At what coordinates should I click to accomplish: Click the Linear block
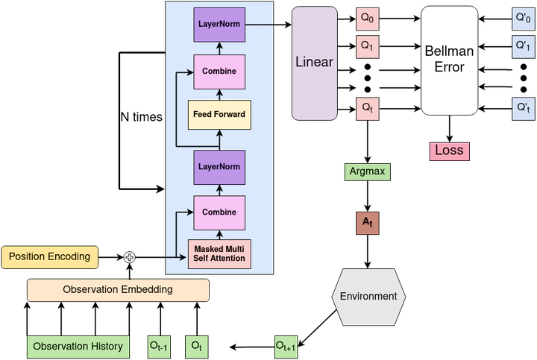315,63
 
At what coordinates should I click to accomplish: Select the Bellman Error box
449,60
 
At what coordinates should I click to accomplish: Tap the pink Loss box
449,151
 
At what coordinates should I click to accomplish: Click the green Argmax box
367,171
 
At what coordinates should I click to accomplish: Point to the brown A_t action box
368,223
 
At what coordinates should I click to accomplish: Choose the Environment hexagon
368,297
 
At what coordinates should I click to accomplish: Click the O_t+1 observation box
286,347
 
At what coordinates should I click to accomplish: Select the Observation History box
78,347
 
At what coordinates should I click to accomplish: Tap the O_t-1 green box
159,347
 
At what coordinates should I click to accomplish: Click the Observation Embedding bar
118,290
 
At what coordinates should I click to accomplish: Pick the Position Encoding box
50,257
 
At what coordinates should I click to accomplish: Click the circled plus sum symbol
130,257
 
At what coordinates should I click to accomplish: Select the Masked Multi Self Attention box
219,254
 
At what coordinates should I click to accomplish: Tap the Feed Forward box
219,115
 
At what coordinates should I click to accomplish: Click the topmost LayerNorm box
219,25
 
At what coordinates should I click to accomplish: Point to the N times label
141,117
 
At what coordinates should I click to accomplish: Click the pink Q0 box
368,18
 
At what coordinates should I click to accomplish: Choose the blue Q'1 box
524,46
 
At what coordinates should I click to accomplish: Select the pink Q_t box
368,109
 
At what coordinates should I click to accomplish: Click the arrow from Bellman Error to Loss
449,129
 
